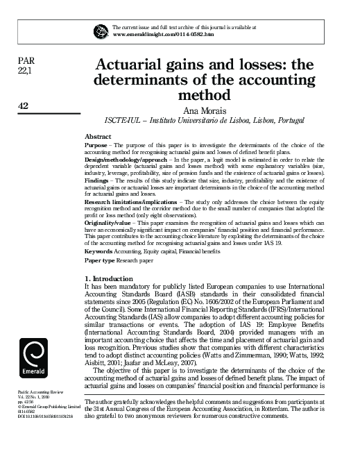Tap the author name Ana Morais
tap(199, 109)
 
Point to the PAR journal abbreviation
tap(24, 60)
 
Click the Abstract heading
tap(98, 135)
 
